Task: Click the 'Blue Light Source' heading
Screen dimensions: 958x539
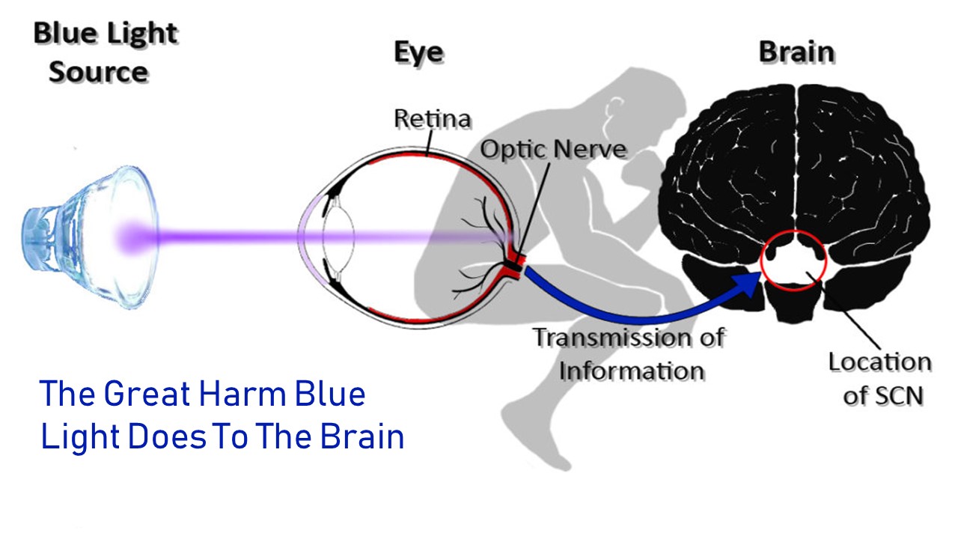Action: coord(106,52)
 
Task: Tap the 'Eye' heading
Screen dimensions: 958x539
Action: coord(418,52)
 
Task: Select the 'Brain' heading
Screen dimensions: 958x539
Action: coord(797,52)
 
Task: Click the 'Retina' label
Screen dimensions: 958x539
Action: coord(433,118)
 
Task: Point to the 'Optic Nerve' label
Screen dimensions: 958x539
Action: coord(553,149)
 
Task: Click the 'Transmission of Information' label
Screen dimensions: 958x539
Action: coord(629,354)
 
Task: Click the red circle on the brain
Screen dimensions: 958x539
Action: coord(762,261)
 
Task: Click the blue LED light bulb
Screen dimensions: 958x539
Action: coord(91,237)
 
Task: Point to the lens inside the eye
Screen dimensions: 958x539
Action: coord(339,237)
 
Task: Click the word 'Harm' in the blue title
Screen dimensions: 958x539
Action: coord(242,394)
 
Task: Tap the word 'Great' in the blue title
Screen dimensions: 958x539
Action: coord(147,394)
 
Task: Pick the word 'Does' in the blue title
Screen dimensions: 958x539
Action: coord(167,436)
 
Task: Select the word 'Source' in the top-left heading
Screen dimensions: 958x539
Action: coord(99,72)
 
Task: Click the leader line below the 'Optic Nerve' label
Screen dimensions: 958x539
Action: coord(534,210)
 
